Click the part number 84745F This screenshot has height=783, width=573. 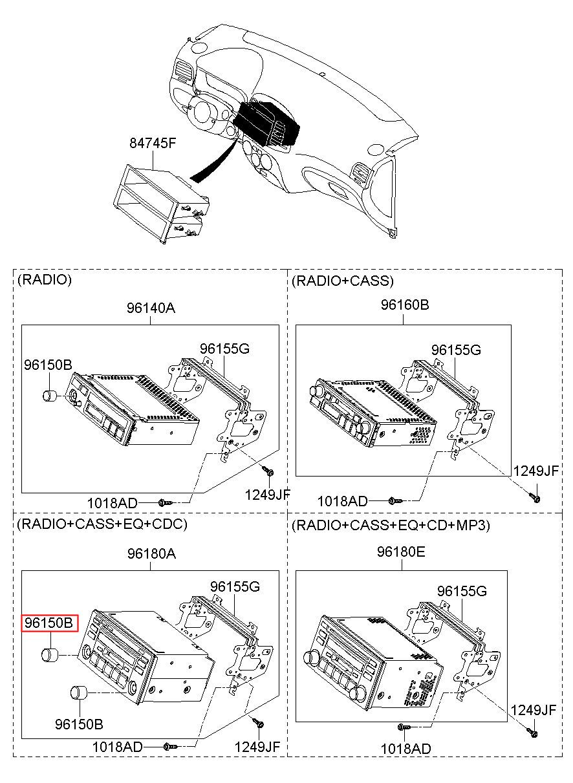coord(153,143)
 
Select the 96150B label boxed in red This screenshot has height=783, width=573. coord(49,623)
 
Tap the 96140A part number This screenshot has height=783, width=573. coord(151,308)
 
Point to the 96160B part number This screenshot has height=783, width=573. coord(404,305)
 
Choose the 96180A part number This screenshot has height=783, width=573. coord(151,553)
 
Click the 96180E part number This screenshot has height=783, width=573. coord(400,552)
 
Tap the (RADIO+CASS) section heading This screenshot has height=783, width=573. coord(343,281)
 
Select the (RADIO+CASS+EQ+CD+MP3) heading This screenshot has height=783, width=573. coord(391,525)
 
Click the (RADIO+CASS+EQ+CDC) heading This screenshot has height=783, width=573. coord(102,524)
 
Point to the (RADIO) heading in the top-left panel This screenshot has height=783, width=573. coord(45,279)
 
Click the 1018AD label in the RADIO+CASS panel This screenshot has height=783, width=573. coord(342,502)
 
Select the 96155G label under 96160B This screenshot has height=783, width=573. coord(456,350)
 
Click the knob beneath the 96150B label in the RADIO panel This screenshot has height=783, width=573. coord(50,396)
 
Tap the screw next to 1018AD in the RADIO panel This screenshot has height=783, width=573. coord(165,502)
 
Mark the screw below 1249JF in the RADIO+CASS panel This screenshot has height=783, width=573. coord(535,497)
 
